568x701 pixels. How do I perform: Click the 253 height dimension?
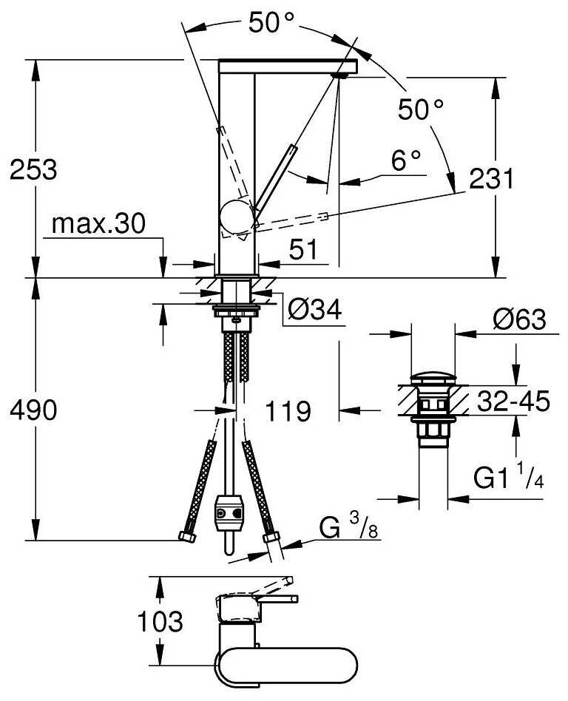click(x=33, y=169)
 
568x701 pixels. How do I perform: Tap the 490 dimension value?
click(x=33, y=410)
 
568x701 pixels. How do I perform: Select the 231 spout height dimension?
click(x=492, y=178)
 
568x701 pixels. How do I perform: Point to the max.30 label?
click(x=99, y=223)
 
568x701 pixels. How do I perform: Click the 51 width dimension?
click(x=302, y=249)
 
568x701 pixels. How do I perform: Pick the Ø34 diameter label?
click(x=315, y=309)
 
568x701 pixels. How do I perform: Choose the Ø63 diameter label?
click(x=520, y=319)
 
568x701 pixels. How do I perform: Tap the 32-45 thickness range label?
click(x=513, y=401)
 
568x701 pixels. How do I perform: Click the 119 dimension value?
click(x=288, y=411)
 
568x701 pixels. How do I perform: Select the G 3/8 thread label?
click(x=348, y=526)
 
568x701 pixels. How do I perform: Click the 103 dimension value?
click(x=160, y=621)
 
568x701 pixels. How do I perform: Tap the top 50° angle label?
click(x=271, y=22)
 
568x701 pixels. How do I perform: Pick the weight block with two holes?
click(x=229, y=512)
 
